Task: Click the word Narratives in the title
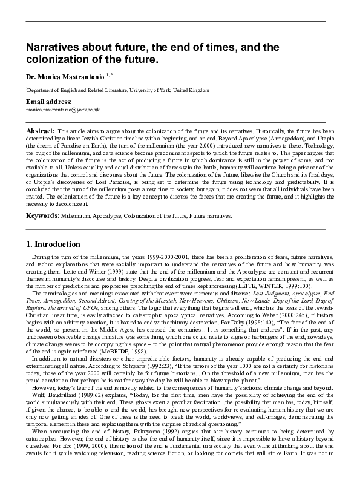49,47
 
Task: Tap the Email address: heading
48,102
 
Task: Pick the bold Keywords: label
42,215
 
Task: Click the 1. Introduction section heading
53,244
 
